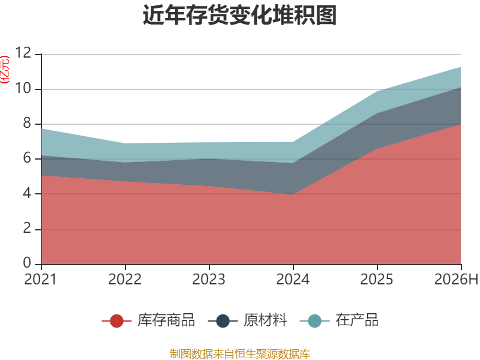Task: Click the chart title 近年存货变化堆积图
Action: pyautogui.click(x=239, y=15)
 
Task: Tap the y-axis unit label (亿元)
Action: pyautogui.click(x=5, y=70)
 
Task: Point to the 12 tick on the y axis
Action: pyautogui.click(x=23, y=53)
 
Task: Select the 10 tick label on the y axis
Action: pyautogui.click(x=23, y=88)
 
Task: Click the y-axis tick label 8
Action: pyautogui.click(x=27, y=123)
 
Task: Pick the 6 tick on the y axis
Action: pyautogui.click(x=27, y=158)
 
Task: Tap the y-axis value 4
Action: pyautogui.click(x=27, y=193)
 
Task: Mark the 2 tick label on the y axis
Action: pyautogui.click(x=27, y=229)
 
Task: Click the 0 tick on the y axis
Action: pyautogui.click(x=27, y=263)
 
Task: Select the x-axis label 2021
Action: pyautogui.click(x=41, y=280)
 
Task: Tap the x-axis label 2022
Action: pyautogui.click(x=125, y=280)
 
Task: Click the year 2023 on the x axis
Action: pyautogui.click(x=209, y=280)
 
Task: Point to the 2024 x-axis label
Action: pyautogui.click(x=293, y=280)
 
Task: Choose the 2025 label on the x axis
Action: pyautogui.click(x=377, y=280)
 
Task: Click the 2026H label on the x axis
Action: pyautogui.click(x=457, y=280)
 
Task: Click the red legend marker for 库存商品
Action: pyautogui.click(x=116, y=321)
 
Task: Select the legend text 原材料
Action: pyautogui.click(x=265, y=320)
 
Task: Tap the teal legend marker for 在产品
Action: pyautogui.click(x=314, y=321)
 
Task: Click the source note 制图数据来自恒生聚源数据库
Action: pyautogui.click(x=240, y=354)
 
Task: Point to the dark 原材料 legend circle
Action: pyautogui.click(x=223, y=321)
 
